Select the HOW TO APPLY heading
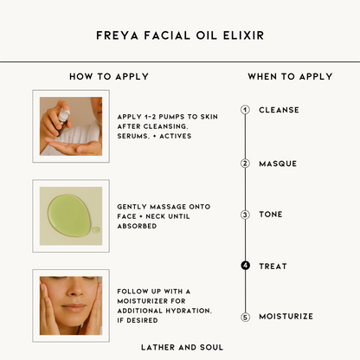coord(109,76)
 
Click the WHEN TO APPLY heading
coord(290,76)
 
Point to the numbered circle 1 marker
coord(245,110)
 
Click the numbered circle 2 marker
coord(245,164)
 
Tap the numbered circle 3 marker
coord(245,215)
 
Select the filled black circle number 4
coord(245,266)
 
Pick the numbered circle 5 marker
coord(245,317)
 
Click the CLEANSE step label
coord(279,110)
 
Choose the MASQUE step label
coord(278,164)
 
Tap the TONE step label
coord(271,215)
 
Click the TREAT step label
coord(273,266)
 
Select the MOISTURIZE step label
coord(286,317)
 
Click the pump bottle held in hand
coord(63,122)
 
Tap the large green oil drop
coord(69,215)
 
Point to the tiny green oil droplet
coord(96,230)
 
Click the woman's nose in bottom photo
coord(75,288)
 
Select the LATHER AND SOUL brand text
coord(182,347)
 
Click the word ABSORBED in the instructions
coord(137,226)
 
